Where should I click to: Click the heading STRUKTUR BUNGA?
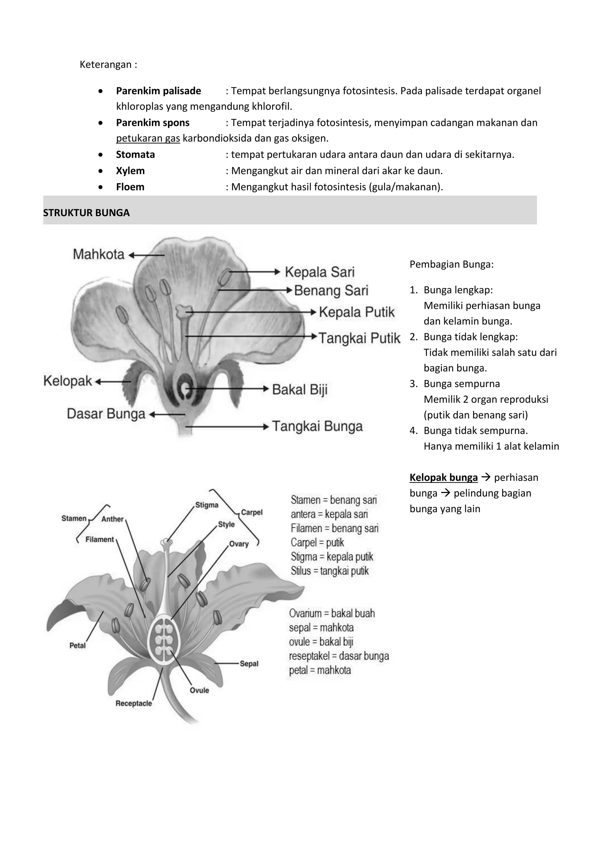[86, 213]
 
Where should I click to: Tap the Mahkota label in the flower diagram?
[98, 254]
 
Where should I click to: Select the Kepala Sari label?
[319, 272]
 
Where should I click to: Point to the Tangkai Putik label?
[359, 338]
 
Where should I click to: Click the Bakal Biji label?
[300, 389]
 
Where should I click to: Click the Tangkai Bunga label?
[317, 426]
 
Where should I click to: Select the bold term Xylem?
[130, 171]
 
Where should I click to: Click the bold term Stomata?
[135, 154]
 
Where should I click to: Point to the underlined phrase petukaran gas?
[148, 138]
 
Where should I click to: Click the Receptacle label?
[134, 703]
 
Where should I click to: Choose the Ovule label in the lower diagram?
[199, 690]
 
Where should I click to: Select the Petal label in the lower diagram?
[78, 646]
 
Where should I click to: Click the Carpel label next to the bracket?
[252, 512]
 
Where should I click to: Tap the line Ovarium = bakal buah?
[332, 613]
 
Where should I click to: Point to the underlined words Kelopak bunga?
[443, 477]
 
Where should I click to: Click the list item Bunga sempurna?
[462, 384]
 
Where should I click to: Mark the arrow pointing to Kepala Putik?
[251, 312]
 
